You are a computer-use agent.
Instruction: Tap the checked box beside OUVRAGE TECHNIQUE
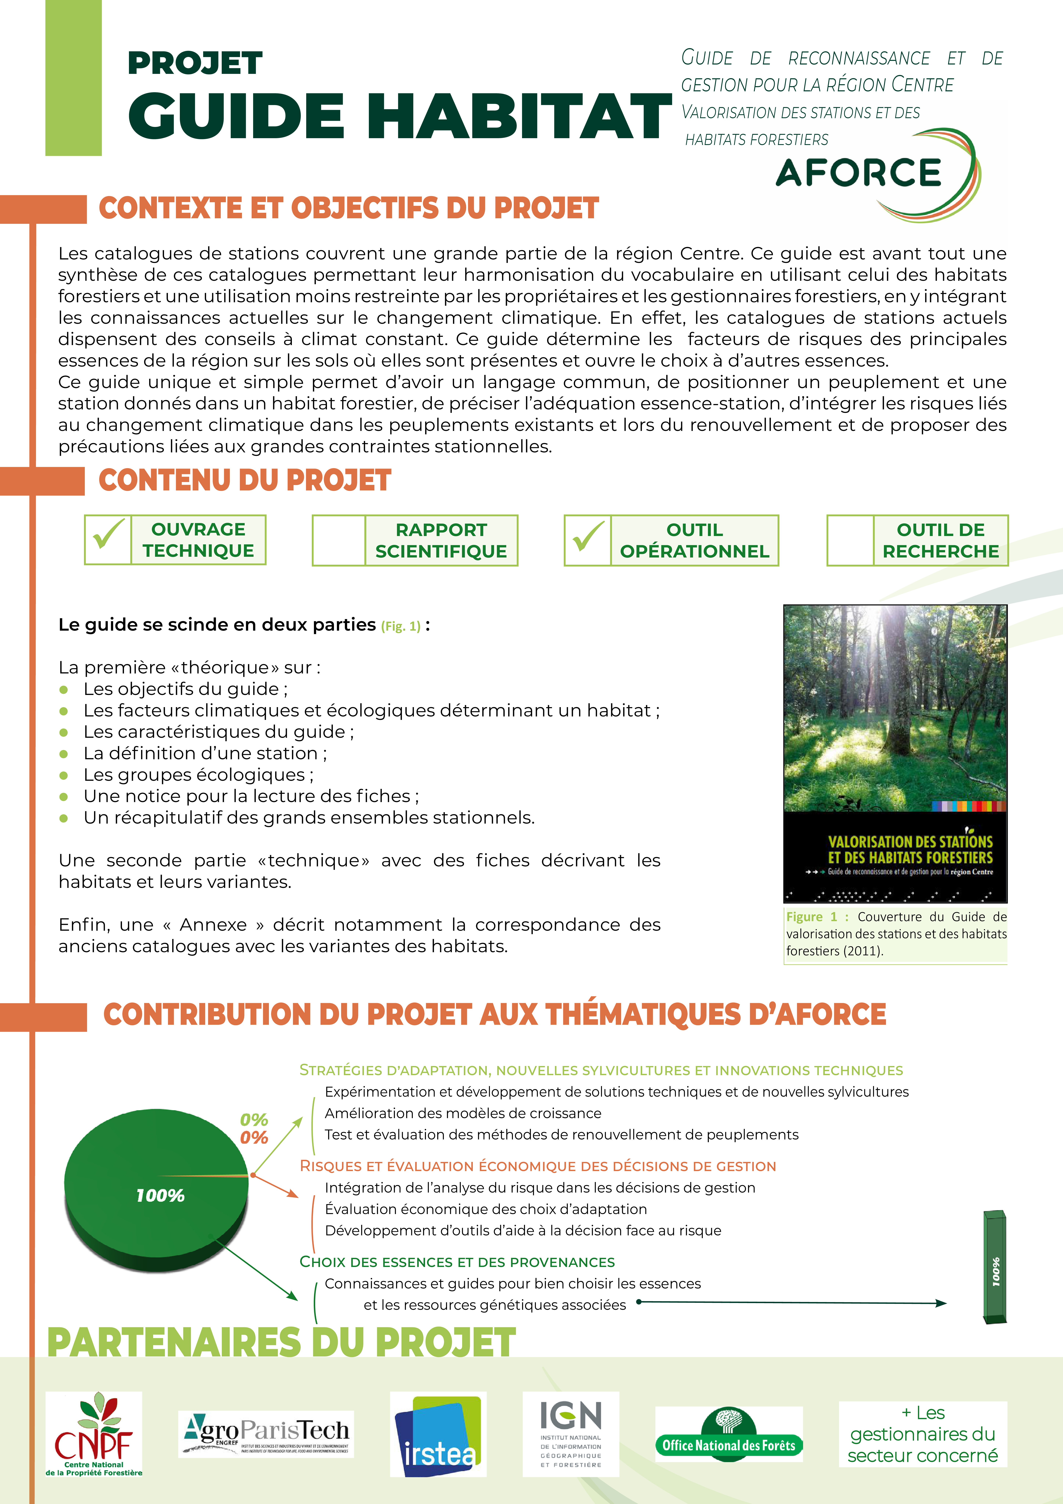(x=108, y=540)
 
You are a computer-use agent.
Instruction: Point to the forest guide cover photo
(x=895, y=753)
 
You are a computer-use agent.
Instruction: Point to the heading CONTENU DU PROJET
(x=245, y=480)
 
